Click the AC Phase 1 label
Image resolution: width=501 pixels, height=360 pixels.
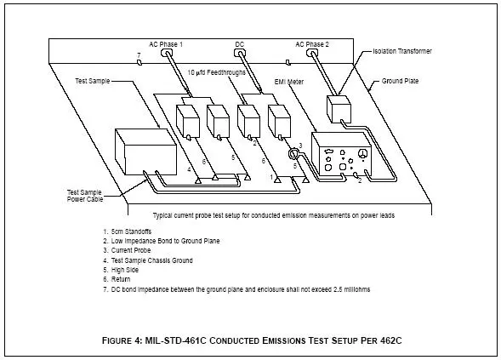[166, 44]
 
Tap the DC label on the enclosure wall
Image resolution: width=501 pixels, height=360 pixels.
[239, 44]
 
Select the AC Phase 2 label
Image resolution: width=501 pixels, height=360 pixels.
[312, 44]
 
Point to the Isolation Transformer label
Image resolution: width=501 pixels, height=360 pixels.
[402, 51]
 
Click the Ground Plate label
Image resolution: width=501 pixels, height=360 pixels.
[400, 81]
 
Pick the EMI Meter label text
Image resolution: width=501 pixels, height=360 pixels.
[289, 82]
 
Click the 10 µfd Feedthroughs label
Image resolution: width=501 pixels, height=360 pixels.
[216, 72]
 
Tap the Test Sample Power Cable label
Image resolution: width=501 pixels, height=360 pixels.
[85, 196]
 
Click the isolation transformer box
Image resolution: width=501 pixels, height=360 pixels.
[339, 109]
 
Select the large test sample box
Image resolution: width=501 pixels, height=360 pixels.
[145, 151]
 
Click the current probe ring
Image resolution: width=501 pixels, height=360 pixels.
[293, 154]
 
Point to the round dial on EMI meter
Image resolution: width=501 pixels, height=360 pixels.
[362, 154]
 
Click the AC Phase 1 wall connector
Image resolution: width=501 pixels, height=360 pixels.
[165, 53]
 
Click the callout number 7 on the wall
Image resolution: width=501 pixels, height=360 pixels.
[139, 55]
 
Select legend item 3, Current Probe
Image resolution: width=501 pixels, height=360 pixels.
[127, 250]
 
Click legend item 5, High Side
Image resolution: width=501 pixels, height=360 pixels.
[121, 270]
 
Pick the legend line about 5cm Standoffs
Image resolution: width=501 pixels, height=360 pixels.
[128, 231]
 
